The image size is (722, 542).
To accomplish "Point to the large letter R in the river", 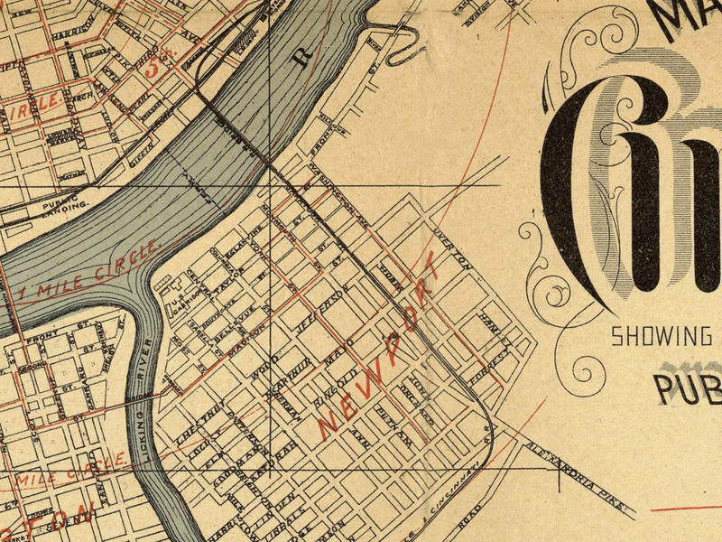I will pos(303,56).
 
